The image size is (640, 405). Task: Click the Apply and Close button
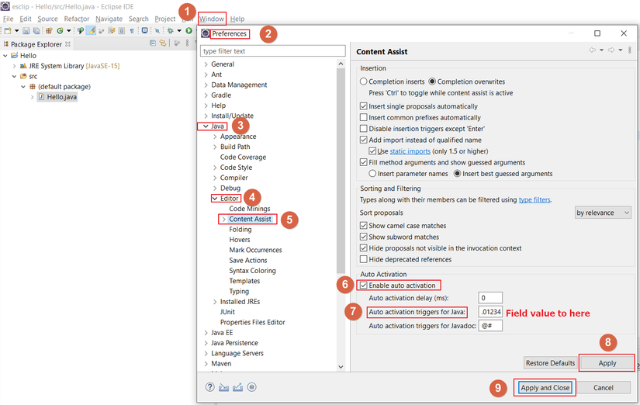pos(545,387)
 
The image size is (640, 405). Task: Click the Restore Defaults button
pos(550,362)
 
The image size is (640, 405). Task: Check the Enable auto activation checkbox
pos(364,286)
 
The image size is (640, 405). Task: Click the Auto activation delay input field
pos(490,298)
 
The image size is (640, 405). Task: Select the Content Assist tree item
pos(250,220)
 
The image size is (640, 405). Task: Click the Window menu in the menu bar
pos(212,19)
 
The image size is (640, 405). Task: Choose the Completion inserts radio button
pos(364,81)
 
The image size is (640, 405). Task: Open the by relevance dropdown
pos(603,213)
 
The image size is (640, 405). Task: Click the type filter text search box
pos(272,51)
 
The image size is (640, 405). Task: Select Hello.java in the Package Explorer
pos(61,97)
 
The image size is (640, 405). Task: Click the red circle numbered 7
pos(353,312)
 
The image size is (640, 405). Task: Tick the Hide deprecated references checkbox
pos(364,259)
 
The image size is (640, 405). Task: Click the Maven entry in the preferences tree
pos(221,363)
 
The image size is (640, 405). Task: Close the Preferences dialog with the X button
pos(624,33)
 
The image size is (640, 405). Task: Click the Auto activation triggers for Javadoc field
pos(490,326)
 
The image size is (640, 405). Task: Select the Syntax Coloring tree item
pos(252,271)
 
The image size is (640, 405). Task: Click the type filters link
pos(534,199)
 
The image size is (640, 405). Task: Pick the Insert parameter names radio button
pos(373,174)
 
